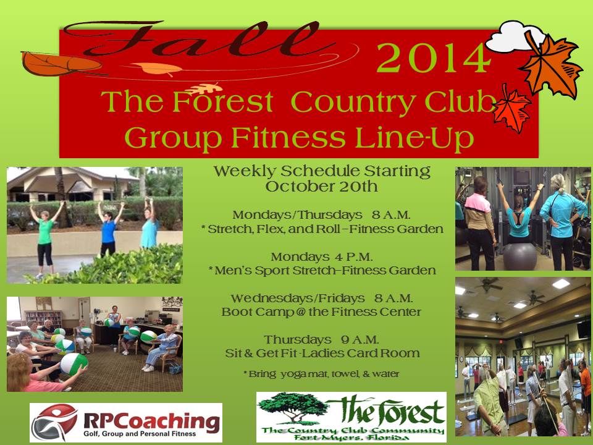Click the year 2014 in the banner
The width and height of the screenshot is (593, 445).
click(x=434, y=58)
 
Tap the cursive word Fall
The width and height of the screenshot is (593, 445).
click(x=196, y=40)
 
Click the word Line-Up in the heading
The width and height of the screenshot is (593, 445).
click(x=414, y=137)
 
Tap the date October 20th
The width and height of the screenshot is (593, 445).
click(x=321, y=187)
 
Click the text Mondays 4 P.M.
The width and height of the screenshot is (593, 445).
click(x=322, y=257)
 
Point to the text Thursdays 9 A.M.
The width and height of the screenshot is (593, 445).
click(x=321, y=339)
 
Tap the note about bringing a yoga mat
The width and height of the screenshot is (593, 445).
click(x=321, y=374)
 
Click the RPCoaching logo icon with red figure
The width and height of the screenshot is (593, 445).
click(x=54, y=422)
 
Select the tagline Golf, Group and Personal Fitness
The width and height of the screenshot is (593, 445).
click(x=140, y=434)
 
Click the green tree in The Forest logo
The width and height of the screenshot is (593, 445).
click(x=292, y=407)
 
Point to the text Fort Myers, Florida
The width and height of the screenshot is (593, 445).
click(x=351, y=438)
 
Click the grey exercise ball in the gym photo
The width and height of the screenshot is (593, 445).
click(x=519, y=256)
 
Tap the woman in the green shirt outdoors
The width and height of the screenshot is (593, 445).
click(x=45, y=239)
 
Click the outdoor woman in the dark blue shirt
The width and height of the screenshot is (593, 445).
click(x=109, y=229)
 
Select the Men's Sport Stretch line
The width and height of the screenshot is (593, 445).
click(x=322, y=271)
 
